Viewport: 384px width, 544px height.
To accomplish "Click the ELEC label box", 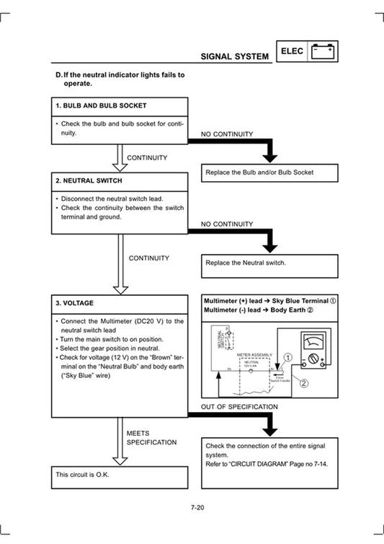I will pyautogui.click(x=293, y=51).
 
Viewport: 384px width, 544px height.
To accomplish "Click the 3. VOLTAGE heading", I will pyautogui.click(x=75, y=302).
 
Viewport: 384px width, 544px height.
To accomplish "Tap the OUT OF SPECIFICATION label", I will pyautogui.click(x=239, y=407).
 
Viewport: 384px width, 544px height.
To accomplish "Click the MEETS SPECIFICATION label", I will pyautogui.click(x=151, y=437).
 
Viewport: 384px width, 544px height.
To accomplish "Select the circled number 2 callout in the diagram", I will pyautogui.click(x=303, y=383).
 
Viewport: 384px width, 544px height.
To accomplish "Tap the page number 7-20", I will pyautogui.click(x=198, y=509).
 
